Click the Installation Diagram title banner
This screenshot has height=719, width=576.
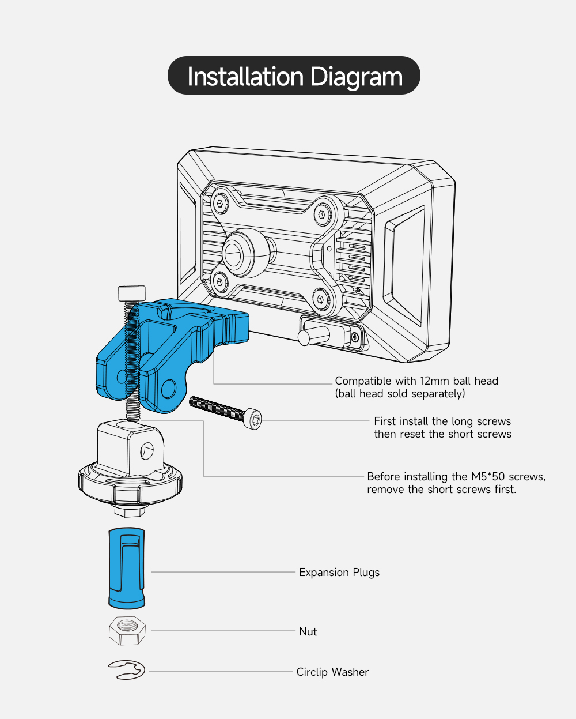[294, 76]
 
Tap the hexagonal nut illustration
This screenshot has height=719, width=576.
[127, 630]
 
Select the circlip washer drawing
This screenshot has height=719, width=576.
[127, 670]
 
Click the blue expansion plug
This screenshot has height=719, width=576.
[126, 568]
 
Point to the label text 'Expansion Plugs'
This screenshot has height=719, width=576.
[339, 573]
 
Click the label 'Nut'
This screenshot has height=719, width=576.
[308, 632]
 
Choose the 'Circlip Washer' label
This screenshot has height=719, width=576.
[332, 672]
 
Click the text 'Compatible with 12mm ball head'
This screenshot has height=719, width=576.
[416, 381]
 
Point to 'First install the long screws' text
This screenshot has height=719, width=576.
[442, 421]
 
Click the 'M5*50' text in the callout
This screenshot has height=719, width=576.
[488, 477]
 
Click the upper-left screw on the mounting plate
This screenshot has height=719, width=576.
[219, 203]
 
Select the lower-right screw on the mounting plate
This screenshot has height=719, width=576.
[321, 299]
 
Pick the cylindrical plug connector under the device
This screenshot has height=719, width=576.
[314, 336]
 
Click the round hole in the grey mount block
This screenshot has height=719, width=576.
[147, 451]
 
